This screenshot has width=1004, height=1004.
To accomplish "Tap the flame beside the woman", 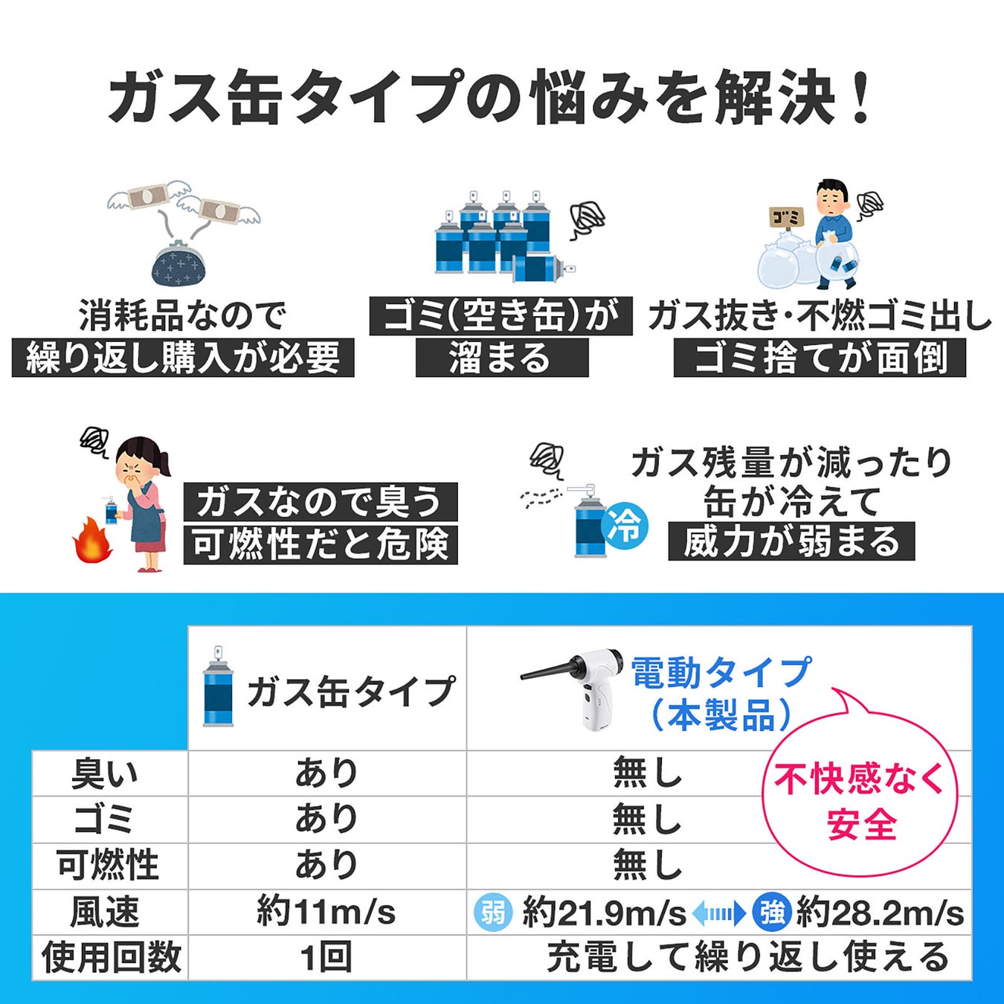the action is (92, 541).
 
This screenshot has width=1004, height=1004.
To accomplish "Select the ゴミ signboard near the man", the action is (786, 217).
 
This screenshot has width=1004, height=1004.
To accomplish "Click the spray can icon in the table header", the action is (218, 688).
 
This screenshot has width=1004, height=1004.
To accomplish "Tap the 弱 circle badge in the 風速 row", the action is (493, 913).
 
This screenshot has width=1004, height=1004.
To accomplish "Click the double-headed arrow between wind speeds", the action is (718, 913).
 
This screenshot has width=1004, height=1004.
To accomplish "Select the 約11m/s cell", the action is (326, 913).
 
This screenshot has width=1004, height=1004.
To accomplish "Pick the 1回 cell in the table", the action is (326, 957).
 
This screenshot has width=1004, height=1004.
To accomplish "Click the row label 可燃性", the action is (109, 866).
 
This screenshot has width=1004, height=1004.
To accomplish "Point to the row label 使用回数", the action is (112, 957).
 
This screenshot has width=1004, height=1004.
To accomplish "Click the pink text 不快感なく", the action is (859, 779).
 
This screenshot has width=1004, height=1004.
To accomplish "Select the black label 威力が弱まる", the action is (791, 541).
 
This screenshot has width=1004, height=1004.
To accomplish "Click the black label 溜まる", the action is (501, 358).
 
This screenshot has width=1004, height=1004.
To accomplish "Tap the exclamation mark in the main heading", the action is (863, 97).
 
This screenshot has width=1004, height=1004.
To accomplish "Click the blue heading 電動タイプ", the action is (720, 672).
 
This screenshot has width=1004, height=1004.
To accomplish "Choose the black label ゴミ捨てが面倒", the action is (820, 358).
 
